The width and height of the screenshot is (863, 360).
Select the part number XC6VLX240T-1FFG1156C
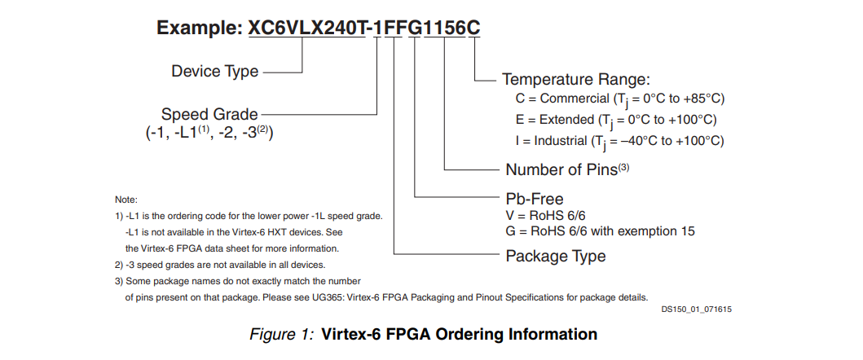tap(364, 28)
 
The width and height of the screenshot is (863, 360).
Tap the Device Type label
tap(214, 72)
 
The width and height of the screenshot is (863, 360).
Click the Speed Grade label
tap(209, 115)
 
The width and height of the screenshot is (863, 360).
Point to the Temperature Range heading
tap(575, 80)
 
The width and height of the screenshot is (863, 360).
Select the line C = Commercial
tap(620, 99)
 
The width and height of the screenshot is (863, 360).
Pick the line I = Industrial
tap(619, 142)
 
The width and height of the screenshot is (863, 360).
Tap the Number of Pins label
tap(567, 169)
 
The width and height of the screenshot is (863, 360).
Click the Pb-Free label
tap(535, 199)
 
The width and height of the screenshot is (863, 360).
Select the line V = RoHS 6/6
tap(542, 216)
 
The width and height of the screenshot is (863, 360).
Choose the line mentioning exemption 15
tap(600, 231)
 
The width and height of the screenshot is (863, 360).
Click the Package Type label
tap(555, 257)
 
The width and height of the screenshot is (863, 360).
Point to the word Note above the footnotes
tap(126, 200)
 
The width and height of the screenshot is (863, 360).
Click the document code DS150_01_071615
tap(696, 310)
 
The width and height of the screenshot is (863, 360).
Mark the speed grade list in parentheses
tap(209, 134)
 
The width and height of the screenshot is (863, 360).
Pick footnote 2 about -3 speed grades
tap(220, 265)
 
